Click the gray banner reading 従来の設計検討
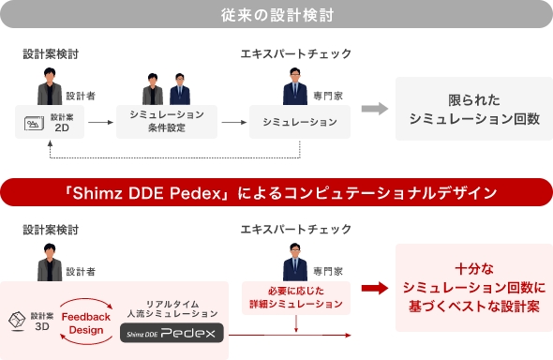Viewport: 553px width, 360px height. click(x=276, y=15)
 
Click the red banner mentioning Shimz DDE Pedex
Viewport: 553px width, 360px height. click(x=276, y=192)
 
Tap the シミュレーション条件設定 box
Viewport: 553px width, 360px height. click(x=166, y=122)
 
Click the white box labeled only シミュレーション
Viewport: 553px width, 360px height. click(x=300, y=122)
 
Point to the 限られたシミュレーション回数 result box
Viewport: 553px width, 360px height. click(x=473, y=109)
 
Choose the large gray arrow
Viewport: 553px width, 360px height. click(x=375, y=109)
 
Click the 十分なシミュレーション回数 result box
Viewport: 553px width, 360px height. click(x=473, y=288)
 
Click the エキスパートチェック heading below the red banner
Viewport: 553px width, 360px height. click(x=296, y=229)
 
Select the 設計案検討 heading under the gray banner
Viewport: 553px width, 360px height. click(x=51, y=53)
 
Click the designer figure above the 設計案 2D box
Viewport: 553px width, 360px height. click(x=50, y=93)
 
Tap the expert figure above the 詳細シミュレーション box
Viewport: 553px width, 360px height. click(x=295, y=262)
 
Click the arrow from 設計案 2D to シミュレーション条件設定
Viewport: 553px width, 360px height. click(x=101, y=123)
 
